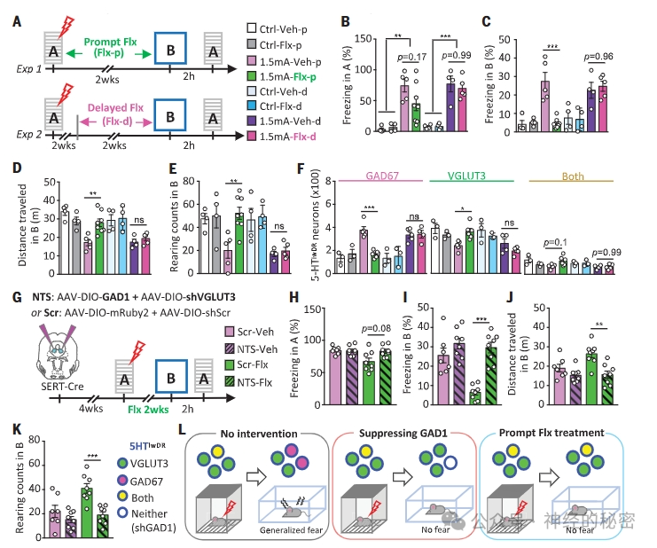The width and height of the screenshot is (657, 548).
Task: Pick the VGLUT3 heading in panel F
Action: [459, 176]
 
